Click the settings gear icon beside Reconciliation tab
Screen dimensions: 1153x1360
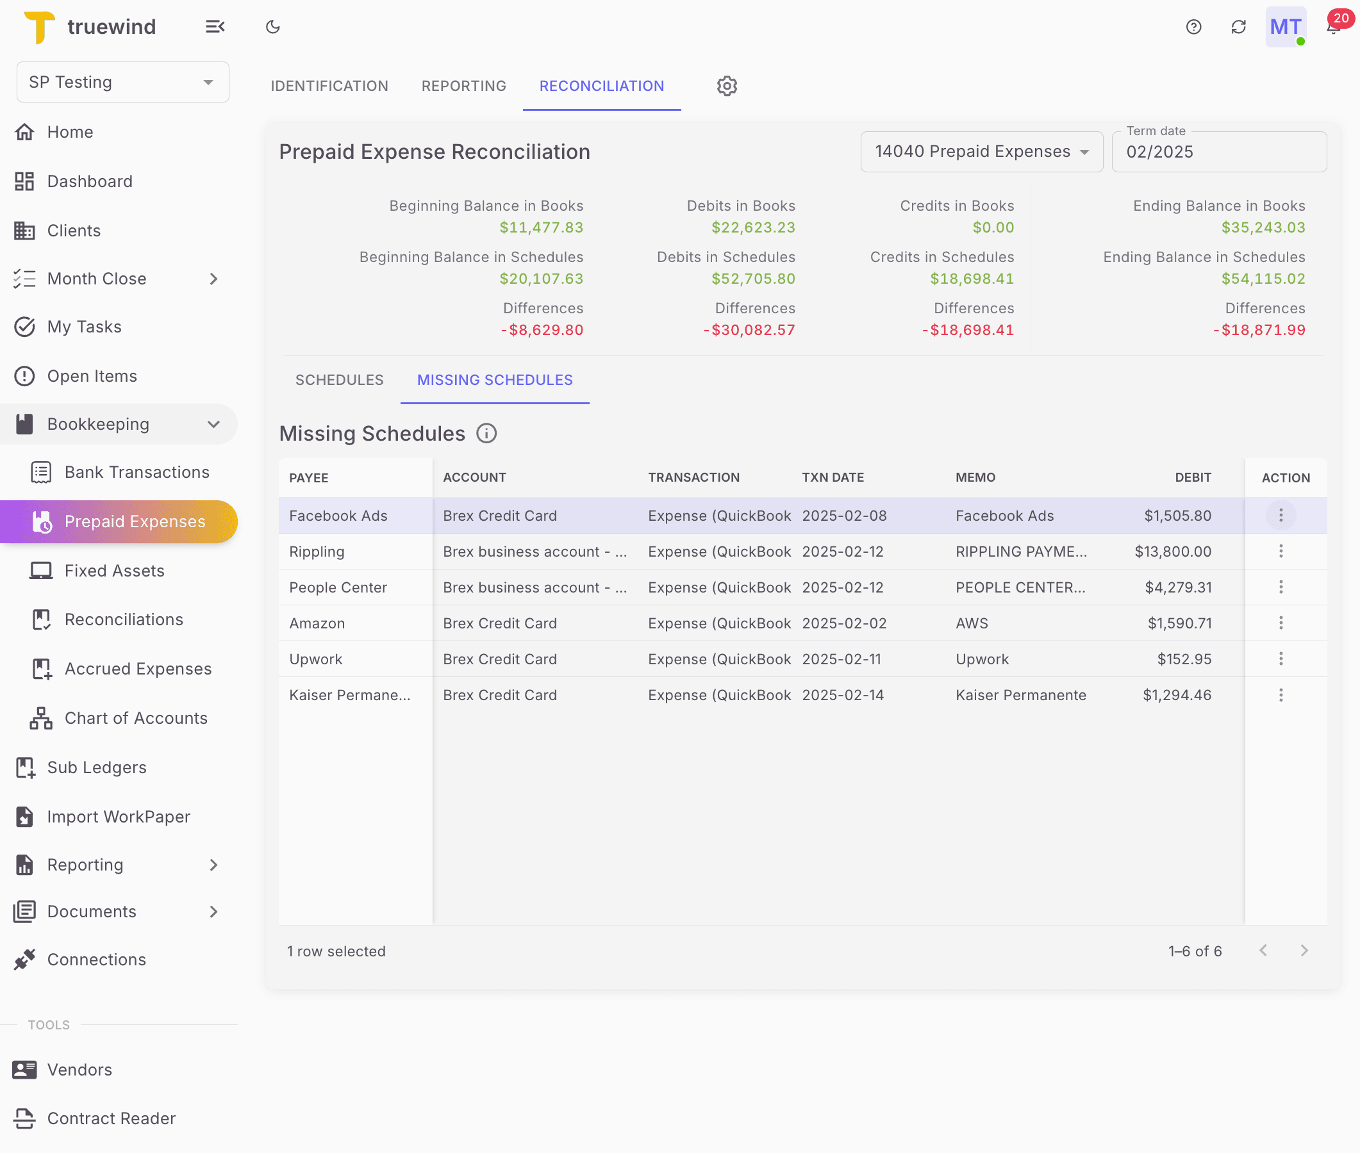point(726,86)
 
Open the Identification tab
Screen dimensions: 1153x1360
point(329,86)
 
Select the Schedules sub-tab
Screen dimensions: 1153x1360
point(339,380)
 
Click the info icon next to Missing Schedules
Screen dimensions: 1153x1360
point(486,434)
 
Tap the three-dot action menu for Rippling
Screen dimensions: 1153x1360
point(1281,551)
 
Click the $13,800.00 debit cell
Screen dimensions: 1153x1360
point(1172,551)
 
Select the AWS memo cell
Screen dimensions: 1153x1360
point(972,623)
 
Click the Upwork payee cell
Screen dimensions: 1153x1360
point(316,659)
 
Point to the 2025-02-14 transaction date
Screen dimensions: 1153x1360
point(843,695)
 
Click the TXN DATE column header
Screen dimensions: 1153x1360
point(833,477)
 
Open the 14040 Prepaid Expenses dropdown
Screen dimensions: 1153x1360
point(981,152)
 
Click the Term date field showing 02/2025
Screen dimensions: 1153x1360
point(1218,152)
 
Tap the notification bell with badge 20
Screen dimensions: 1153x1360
point(1333,27)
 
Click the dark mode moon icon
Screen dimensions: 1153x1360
point(272,27)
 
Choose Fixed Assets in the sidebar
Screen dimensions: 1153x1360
point(115,571)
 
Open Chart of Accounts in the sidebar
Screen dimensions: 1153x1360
point(136,717)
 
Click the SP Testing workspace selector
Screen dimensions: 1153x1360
point(122,82)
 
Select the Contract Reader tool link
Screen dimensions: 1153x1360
point(111,1118)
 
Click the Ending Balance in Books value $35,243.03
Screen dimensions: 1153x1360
point(1263,227)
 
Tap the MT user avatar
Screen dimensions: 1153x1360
point(1285,27)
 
